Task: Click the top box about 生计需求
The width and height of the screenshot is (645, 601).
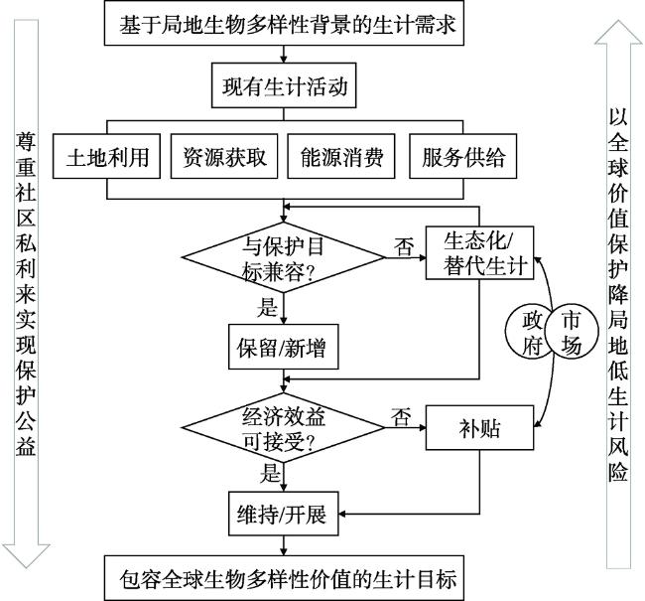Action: [x=285, y=25]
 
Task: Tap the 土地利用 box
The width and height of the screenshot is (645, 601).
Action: [x=107, y=158]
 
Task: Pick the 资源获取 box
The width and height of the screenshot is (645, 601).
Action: [x=224, y=158]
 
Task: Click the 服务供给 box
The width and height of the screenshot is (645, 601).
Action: [x=461, y=158]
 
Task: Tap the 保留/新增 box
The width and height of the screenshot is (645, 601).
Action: [x=285, y=349]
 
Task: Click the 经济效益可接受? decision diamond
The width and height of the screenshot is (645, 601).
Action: [x=286, y=428]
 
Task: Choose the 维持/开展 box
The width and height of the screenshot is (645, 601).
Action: [x=285, y=516]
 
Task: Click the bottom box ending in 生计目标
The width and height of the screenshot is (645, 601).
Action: [x=285, y=577]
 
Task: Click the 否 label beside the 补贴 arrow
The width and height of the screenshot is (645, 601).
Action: [x=402, y=415]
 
